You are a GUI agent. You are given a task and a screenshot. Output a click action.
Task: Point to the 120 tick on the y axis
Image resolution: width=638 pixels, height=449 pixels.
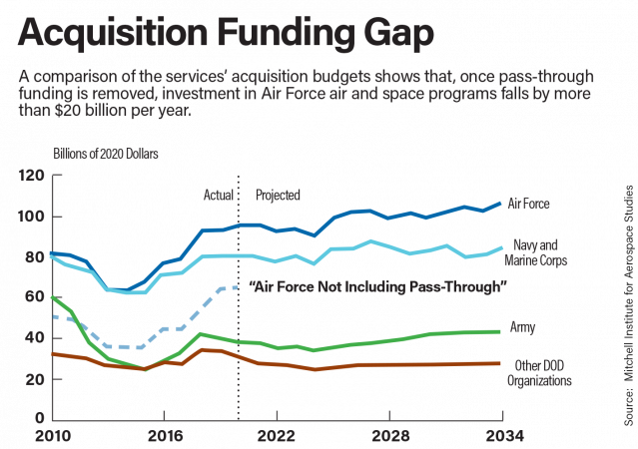[x=32, y=176]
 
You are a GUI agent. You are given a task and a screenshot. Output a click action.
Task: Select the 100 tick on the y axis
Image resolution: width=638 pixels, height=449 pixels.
[x=32, y=217]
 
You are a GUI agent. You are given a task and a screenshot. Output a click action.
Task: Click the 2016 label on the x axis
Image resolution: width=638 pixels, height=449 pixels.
[x=163, y=436]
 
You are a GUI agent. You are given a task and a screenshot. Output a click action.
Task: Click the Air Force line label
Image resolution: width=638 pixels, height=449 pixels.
[x=530, y=204]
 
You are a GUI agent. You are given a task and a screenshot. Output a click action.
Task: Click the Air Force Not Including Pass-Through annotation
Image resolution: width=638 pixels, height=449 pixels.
[x=379, y=287]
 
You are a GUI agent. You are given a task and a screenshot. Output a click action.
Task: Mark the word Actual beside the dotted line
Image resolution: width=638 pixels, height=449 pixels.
[x=219, y=195]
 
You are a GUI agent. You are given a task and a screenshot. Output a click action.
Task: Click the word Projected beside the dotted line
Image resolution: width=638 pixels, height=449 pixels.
[x=279, y=195]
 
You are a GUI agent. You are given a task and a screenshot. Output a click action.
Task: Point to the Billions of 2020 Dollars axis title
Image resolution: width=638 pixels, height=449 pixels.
[x=105, y=154]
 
